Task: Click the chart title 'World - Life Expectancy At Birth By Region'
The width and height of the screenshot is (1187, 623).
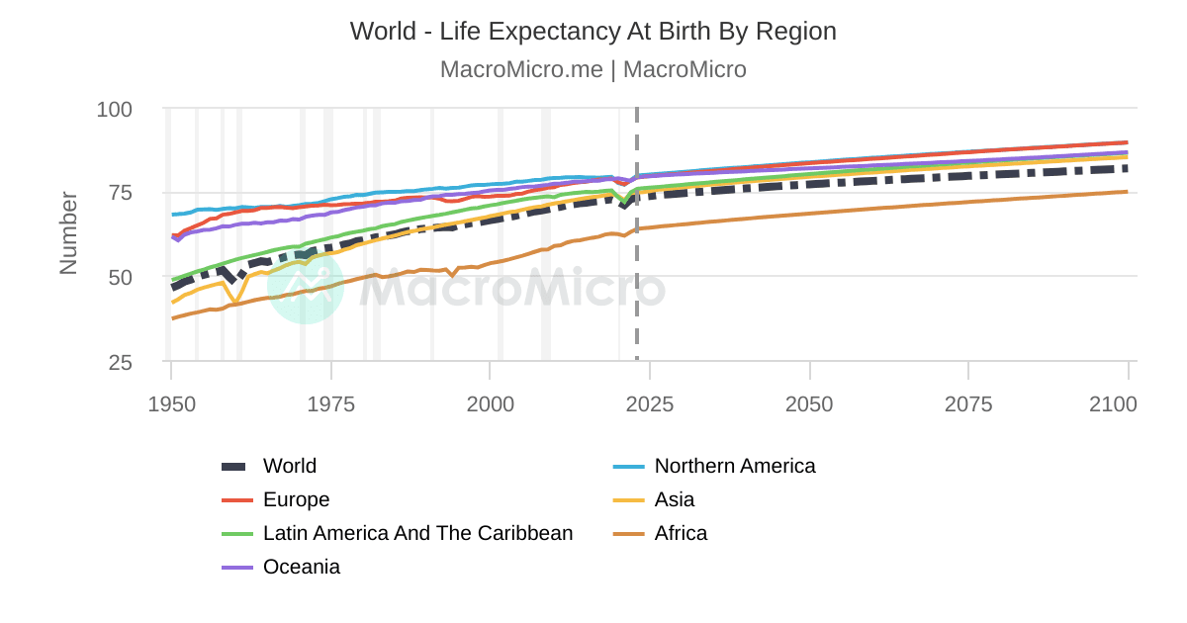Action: pos(593,32)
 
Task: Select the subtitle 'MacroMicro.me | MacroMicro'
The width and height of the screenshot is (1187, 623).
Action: pos(593,70)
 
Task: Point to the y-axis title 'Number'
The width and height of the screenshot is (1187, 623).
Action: pos(68,233)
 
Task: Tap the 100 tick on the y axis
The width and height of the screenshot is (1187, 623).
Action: pos(115,109)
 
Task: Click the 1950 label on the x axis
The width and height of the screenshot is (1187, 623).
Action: pos(171,404)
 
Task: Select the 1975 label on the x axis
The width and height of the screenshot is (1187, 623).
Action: pos(331,404)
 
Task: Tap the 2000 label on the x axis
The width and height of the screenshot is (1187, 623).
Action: pos(491,404)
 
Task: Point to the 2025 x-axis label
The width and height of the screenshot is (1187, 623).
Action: pos(650,404)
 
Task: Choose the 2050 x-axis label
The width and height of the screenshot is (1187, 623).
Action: pos(810,404)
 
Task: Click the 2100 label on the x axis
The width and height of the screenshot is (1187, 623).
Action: pos(1113,404)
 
